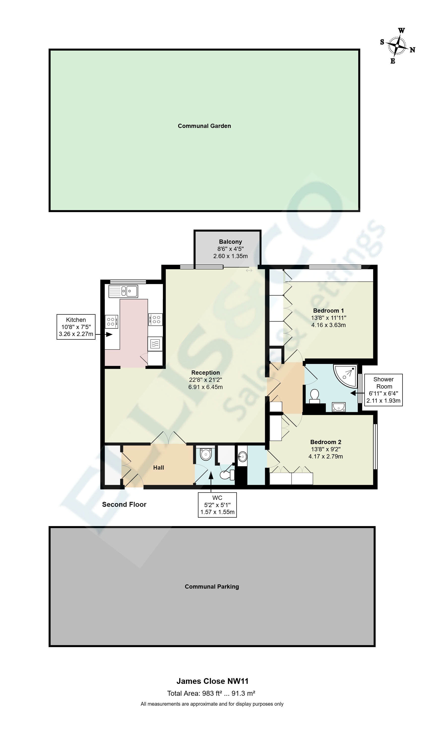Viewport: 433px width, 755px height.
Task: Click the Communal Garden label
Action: pos(204,126)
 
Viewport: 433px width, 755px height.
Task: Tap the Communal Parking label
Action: pos(212,586)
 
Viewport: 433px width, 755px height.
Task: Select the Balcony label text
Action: pos(230,242)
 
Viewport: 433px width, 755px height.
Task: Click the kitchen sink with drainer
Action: pos(123,291)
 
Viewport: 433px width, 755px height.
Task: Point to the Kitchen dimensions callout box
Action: pos(76,327)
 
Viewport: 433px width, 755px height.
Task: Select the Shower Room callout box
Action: pos(383,390)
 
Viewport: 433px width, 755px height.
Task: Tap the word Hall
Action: pos(158,468)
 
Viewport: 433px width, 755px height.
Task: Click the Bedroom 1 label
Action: pos(328,311)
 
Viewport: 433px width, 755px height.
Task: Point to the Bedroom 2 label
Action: pos(326,442)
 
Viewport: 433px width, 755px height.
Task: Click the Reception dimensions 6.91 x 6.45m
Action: pos(206,387)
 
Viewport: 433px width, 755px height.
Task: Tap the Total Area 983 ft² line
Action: pos(211,694)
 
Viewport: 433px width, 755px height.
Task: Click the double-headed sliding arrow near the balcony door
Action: pos(249,271)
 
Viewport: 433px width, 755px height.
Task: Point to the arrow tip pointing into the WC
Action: pos(211,473)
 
